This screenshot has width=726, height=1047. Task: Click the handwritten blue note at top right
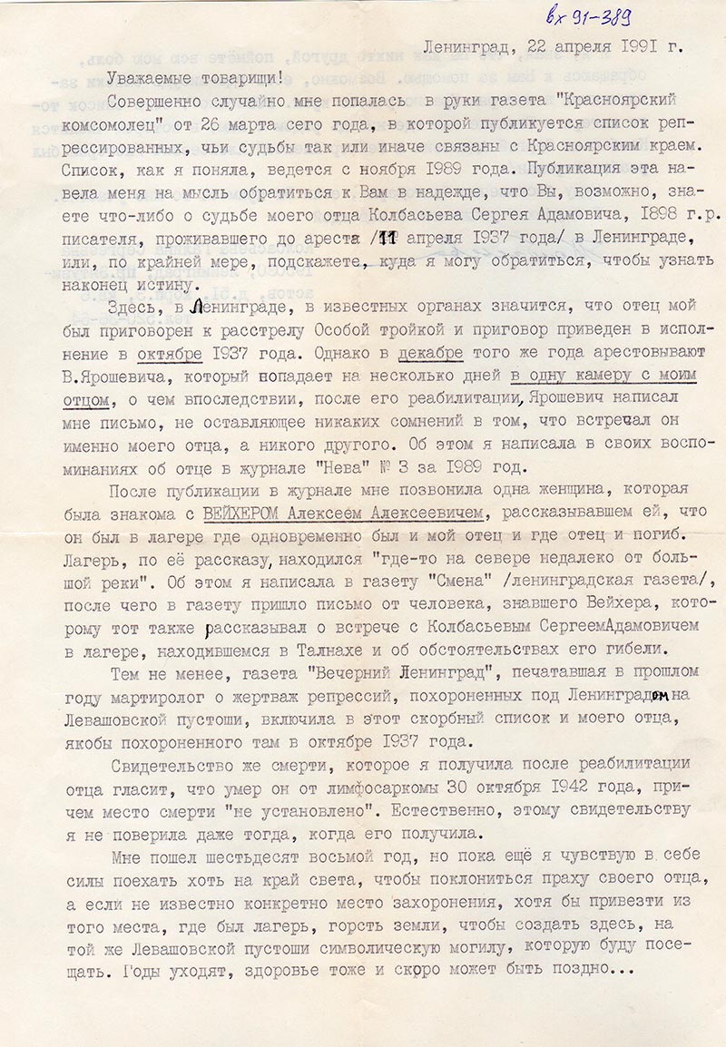click(x=589, y=15)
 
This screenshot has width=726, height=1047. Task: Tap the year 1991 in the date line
click(x=637, y=45)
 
